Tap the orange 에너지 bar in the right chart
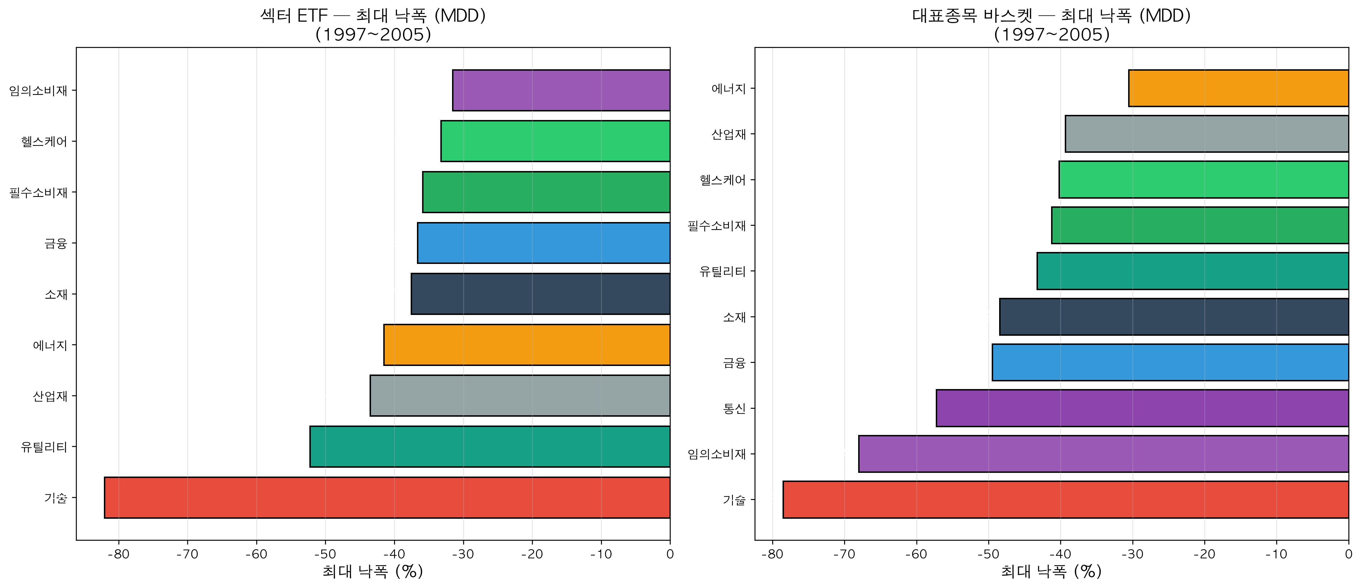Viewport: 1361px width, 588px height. coord(1238,88)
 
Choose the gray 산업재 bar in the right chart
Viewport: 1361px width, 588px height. coord(1206,134)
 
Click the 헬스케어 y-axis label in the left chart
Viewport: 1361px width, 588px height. coord(45,141)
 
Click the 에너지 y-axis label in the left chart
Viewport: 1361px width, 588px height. coord(50,345)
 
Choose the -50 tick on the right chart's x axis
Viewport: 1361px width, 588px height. coord(988,554)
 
